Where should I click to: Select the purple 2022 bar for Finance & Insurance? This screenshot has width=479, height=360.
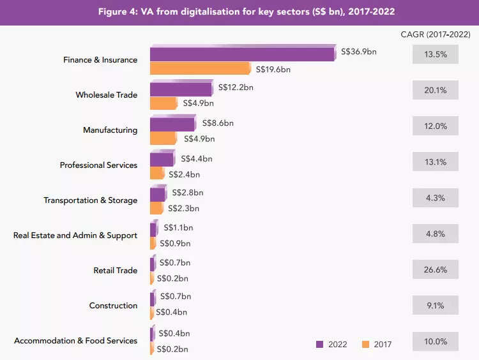pos(243,54)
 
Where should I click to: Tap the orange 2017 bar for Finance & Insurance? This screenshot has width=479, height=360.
pos(201,69)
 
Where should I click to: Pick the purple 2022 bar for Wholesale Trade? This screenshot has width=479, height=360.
pos(181,89)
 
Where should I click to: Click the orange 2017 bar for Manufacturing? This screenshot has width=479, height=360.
pos(163,138)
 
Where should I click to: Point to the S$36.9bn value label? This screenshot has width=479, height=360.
pos(359,52)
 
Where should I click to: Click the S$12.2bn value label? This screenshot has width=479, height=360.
pos(236,87)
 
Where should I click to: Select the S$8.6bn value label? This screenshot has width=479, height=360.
pos(218,123)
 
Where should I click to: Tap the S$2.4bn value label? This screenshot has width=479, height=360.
pos(184,174)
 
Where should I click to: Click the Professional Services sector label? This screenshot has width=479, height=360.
pos(98,165)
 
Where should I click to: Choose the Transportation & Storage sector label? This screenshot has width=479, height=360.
pos(90,200)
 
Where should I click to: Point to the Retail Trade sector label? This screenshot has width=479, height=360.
pos(115,271)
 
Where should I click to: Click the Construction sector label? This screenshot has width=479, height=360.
pos(113,306)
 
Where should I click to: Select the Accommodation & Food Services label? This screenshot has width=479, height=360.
pos(75,341)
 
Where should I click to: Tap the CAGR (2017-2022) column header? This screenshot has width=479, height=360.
pos(435,34)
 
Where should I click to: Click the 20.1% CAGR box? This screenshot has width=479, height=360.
pos(435,91)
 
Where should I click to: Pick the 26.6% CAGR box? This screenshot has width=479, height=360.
pos(435,270)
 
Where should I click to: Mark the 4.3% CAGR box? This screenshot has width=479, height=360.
pos(435,198)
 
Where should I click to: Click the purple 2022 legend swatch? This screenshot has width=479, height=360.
pos(319,345)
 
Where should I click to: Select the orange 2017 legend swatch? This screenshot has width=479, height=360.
pos(365,345)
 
